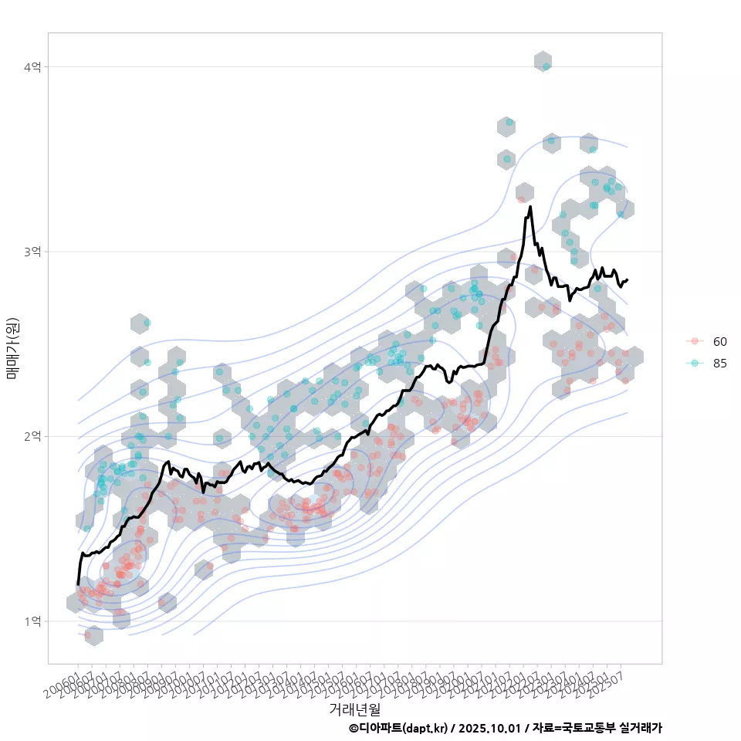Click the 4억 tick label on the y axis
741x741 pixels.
click(32, 67)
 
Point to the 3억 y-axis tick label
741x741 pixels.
click(32, 252)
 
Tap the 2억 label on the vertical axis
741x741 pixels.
click(32, 436)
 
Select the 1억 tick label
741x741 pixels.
click(32, 621)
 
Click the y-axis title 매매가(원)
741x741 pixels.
click(12, 348)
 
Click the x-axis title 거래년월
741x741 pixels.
click(354, 709)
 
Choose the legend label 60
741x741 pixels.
click(719, 341)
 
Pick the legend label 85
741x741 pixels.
click(719, 364)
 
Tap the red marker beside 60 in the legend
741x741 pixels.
click(695, 341)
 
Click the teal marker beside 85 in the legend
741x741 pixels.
click(695, 364)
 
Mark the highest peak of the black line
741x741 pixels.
click(530, 207)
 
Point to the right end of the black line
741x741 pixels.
click(627, 280)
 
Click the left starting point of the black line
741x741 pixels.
click(78, 583)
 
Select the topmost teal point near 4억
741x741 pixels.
click(546, 66)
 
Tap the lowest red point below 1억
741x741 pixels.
click(88, 634)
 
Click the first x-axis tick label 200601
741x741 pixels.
click(62, 684)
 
